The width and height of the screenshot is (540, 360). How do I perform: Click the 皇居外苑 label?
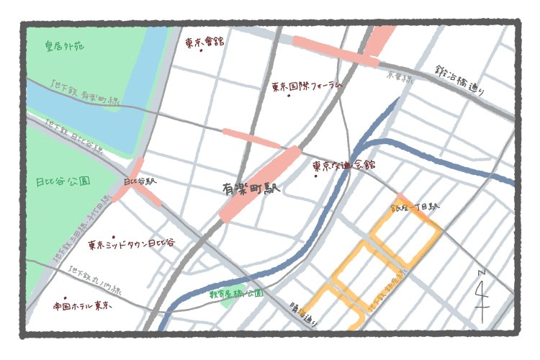64,47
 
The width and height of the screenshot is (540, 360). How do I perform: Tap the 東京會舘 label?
204,42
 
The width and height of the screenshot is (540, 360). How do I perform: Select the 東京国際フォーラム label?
305,86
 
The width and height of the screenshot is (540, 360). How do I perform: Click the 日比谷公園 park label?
63,181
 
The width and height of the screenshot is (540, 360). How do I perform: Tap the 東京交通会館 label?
344,165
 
